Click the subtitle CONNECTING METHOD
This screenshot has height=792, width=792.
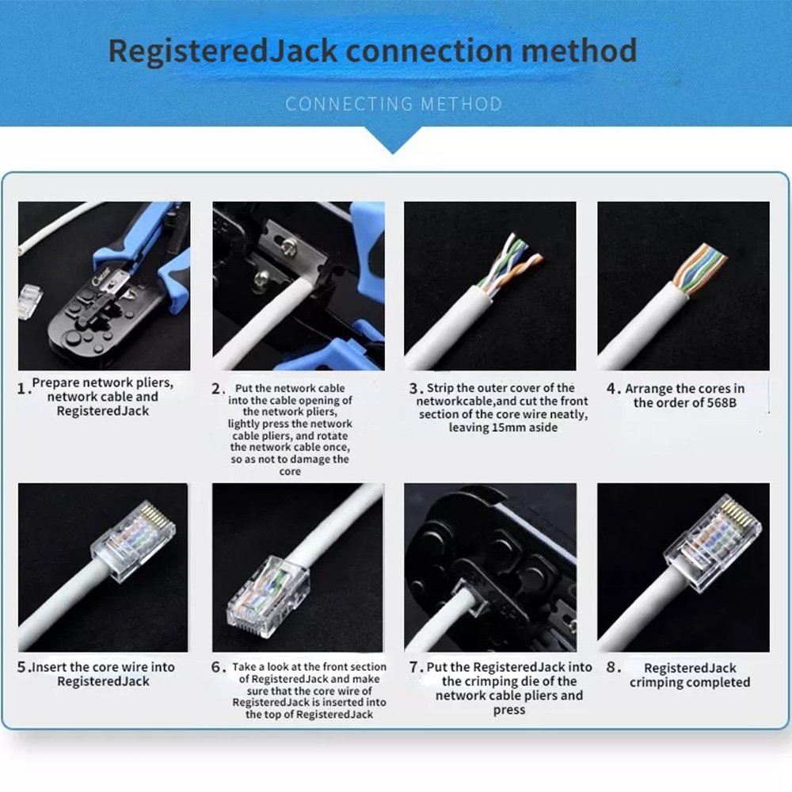click(394, 104)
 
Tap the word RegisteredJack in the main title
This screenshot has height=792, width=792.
click(223, 51)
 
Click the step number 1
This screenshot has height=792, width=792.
click(21, 388)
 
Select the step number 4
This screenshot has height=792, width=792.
click(611, 388)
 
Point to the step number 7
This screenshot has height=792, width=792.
click(414, 667)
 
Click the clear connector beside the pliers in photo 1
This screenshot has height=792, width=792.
click(29, 301)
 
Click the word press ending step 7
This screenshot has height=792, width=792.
click(508, 710)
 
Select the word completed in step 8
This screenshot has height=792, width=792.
click(716, 683)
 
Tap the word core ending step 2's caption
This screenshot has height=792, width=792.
click(290, 472)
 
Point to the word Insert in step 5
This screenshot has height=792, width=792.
click(49, 667)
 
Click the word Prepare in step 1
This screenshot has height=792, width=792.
click(54, 383)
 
